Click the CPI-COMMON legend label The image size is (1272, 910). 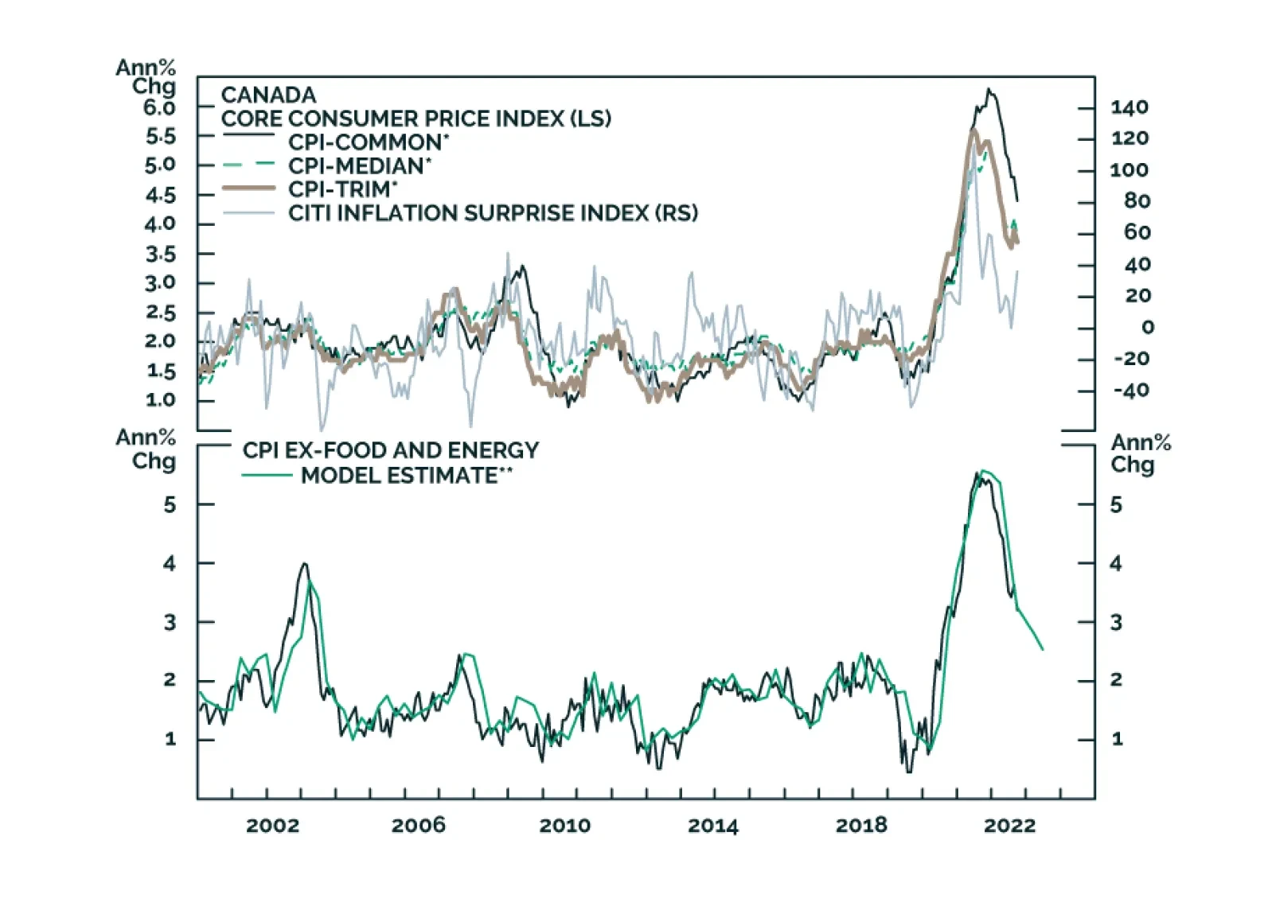368,142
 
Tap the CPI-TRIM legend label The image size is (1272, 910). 341,189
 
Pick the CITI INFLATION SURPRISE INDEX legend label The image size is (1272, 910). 493,213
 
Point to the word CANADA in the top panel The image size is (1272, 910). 268,95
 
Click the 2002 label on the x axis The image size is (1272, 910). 272,826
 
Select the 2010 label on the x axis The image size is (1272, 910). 565,826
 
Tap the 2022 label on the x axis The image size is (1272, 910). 1009,826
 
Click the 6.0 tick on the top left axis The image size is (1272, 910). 160,107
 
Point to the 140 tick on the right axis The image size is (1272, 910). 1129,107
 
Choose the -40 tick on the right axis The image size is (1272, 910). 1131,391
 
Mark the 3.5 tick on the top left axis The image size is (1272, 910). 160,255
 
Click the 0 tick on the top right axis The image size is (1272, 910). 1147,328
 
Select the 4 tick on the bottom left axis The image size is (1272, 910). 170,564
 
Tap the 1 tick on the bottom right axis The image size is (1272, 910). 1117,740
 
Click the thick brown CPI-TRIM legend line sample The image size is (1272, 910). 248,189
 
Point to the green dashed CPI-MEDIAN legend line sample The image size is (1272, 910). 248,165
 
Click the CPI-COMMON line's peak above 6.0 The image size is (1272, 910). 989,89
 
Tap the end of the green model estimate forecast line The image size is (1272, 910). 1042,650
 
